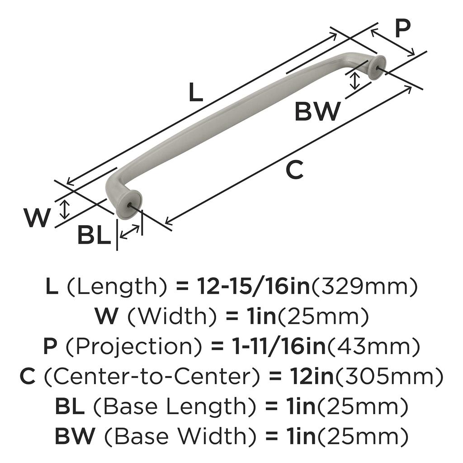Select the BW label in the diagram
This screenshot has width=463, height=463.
317,111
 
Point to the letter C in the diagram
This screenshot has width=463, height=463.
295,170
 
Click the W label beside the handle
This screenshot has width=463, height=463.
37,217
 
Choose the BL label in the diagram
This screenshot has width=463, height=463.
94,235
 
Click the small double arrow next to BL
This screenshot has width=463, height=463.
130,232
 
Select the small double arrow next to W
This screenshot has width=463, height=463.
65,209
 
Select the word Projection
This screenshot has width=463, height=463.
134,347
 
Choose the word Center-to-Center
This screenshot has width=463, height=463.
152,377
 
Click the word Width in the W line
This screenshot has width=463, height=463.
171,317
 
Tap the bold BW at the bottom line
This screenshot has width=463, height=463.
75,436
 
